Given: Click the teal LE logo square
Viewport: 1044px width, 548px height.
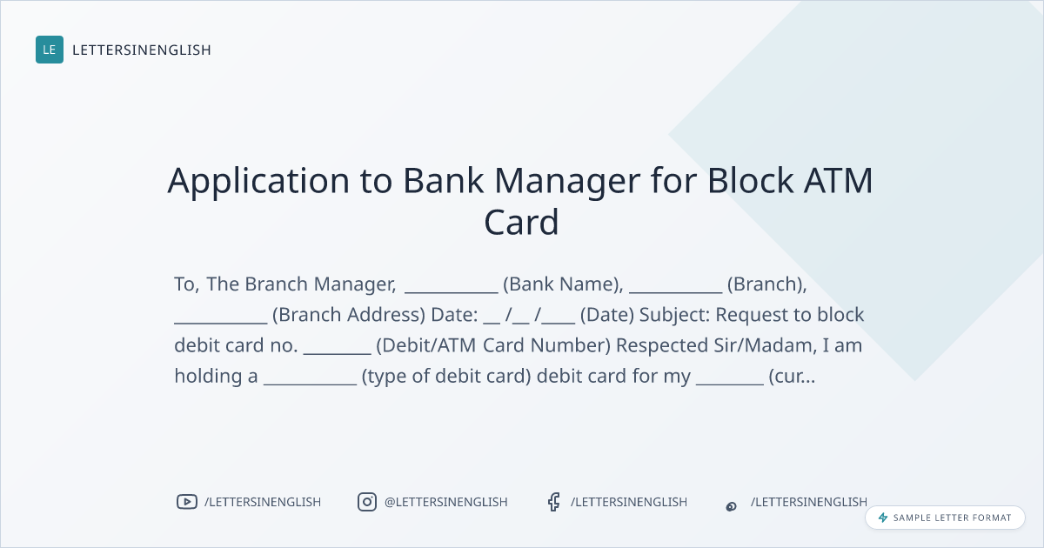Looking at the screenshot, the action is (x=50, y=50).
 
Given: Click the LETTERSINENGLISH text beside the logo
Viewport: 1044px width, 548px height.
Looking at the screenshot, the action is (x=142, y=50).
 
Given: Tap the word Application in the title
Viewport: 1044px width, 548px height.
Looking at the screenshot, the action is (x=258, y=181).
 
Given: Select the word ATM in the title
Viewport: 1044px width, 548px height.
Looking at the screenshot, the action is (x=839, y=180).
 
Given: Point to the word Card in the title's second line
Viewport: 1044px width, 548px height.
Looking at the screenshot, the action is (x=521, y=222).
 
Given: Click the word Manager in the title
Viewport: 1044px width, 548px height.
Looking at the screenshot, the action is (x=567, y=182).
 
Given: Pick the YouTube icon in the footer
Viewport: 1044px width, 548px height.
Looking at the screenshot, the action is (x=187, y=502).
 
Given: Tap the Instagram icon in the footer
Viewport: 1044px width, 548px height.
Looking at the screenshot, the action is (x=367, y=502).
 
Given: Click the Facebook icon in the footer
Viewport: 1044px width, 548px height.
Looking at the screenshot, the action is (x=553, y=502).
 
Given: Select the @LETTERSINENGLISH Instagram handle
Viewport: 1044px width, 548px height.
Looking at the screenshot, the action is (x=446, y=502).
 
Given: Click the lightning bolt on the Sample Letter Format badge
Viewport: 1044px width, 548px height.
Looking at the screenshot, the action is (x=883, y=518).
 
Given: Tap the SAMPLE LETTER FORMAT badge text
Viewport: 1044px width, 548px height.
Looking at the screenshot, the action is (x=952, y=518).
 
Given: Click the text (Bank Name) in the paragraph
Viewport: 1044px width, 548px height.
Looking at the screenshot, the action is (x=563, y=284).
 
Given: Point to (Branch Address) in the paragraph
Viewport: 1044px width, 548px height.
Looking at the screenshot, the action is (x=349, y=315).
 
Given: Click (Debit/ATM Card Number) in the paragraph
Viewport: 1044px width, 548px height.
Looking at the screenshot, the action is (x=493, y=345).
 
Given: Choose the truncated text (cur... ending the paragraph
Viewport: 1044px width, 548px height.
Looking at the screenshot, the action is (x=792, y=376).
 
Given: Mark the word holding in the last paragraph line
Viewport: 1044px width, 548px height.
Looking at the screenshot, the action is (x=208, y=377).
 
